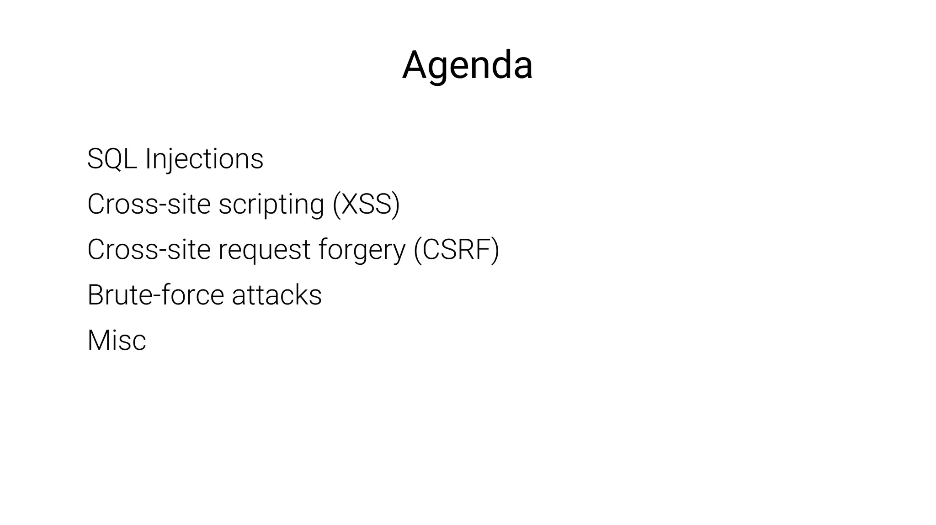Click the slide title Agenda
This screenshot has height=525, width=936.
pos(467,65)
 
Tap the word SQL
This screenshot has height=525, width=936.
pos(112,158)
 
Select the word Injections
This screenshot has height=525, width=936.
pos(204,158)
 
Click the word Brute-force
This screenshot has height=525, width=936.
pos(155,294)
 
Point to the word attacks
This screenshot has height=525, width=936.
pos(277,294)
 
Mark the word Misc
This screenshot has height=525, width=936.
pos(117,340)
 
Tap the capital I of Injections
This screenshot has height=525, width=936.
pos(148,158)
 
